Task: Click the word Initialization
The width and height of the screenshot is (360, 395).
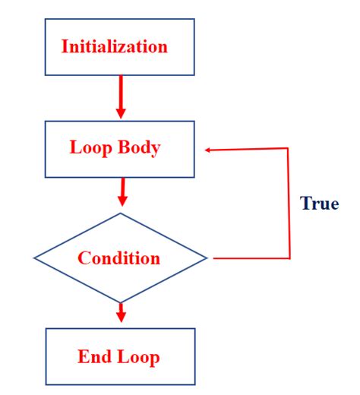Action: pos(114,46)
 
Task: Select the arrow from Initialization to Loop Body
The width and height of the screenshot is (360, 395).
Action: pos(120,96)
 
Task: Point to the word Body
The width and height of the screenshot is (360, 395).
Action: pos(139,147)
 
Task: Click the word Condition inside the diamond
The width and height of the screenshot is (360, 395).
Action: pos(118,258)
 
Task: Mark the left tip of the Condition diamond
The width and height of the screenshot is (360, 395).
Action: pos(35,258)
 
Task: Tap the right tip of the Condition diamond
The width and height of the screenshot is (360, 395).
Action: pos(207,258)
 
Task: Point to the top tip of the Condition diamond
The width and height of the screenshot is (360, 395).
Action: pos(120,213)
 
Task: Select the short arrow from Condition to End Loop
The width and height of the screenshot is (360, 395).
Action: pos(120,312)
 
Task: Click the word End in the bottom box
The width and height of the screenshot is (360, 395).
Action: pos(93,356)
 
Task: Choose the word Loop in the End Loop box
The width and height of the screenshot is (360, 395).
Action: pos(137,356)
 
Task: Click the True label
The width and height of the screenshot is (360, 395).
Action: pos(319,204)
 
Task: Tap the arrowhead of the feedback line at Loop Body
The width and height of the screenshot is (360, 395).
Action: pos(209,150)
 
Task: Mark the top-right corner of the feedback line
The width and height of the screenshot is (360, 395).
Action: pos(289,149)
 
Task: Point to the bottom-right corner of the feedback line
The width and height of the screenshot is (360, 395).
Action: pos(289,258)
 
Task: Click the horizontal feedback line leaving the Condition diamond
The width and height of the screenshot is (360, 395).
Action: pos(251,258)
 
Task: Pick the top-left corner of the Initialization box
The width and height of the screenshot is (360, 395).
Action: pos(46,20)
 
